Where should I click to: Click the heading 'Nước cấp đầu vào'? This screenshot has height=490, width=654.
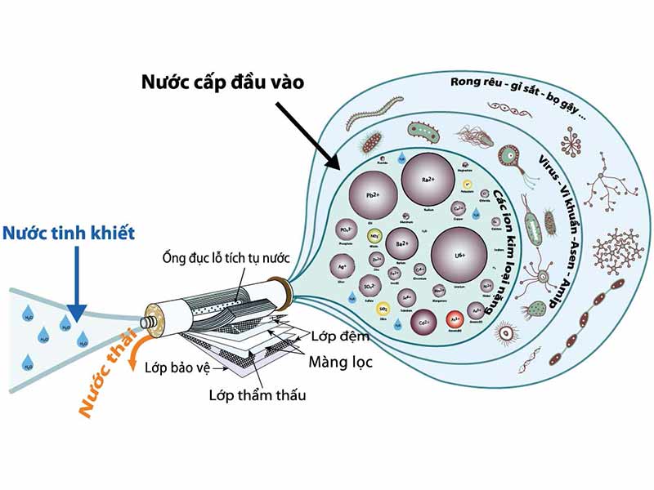(222, 82)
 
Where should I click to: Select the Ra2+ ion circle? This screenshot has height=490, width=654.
(427, 179)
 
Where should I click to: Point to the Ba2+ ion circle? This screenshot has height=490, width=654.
(401, 244)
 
